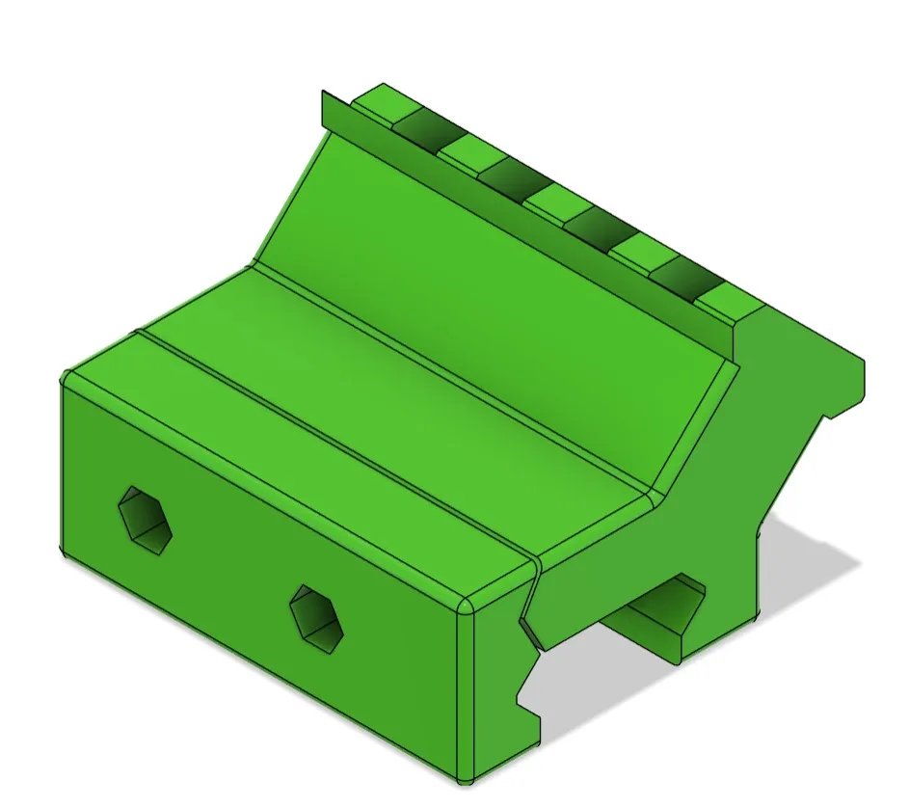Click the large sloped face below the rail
(501, 289)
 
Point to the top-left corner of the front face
(67, 378)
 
